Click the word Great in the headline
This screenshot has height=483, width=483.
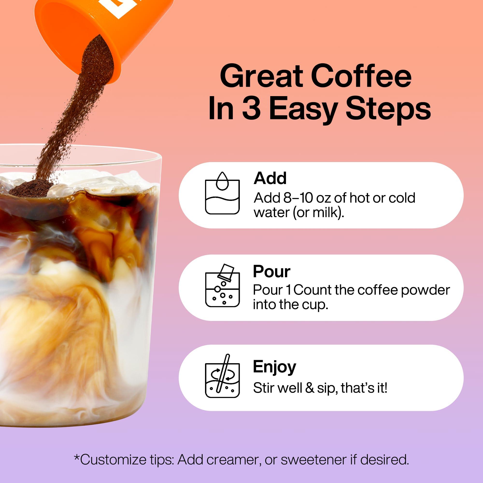pos(262,76)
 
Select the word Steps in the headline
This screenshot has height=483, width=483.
pos(388,109)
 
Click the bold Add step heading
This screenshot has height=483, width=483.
pos(270,178)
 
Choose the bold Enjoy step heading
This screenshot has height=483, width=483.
pos(274,367)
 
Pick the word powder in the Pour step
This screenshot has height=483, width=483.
pos(425,291)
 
